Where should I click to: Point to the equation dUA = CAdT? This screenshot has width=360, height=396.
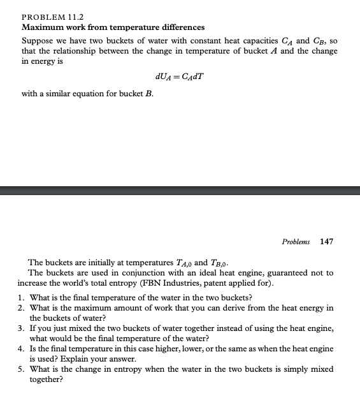pyautogui.click(x=179, y=78)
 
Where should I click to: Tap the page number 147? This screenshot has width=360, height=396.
pyautogui.click(x=326, y=242)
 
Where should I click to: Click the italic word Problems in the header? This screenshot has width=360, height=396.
pyautogui.click(x=296, y=242)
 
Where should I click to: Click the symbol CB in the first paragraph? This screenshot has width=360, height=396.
pyautogui.click(x=322, y=41)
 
